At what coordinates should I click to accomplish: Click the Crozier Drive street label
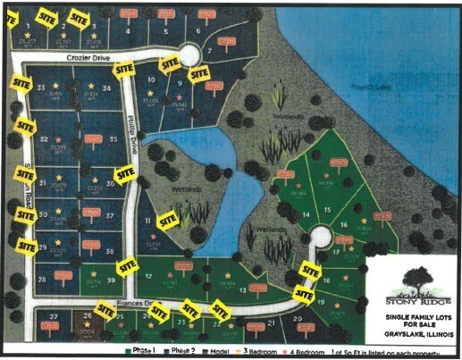pos(87,56)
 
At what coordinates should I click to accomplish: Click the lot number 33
pos(40,87)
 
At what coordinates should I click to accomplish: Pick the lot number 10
pos(151,80)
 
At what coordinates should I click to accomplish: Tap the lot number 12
pos(147,276)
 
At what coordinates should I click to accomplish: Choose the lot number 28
pos(42,278)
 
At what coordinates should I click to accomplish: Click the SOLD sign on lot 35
pos(93,138)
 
